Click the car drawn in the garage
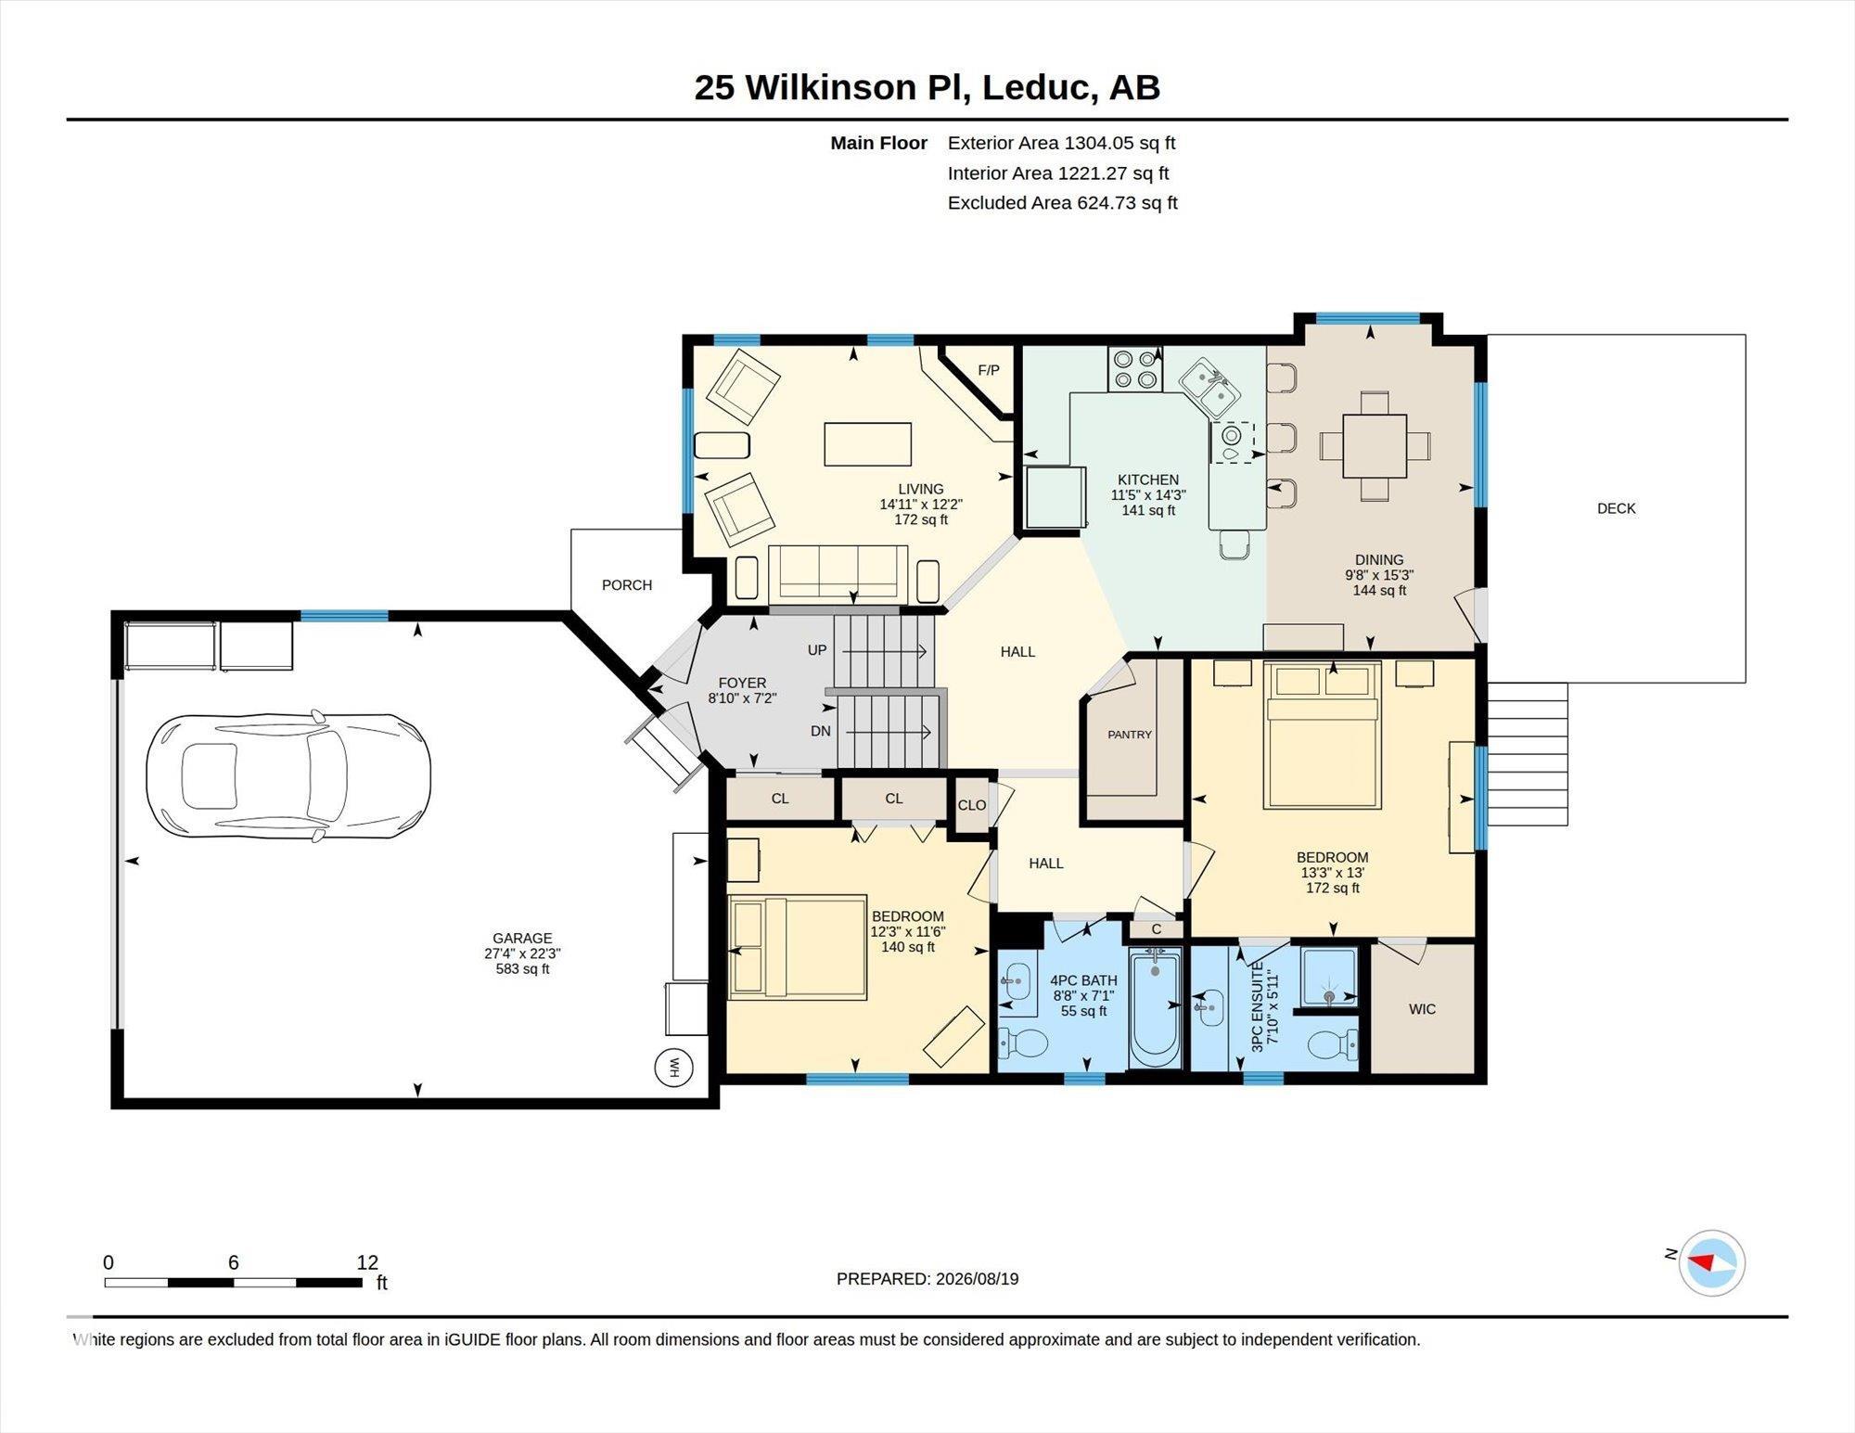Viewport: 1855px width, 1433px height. [x=288, y=777]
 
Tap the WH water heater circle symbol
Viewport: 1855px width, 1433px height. [x=673, y=1068]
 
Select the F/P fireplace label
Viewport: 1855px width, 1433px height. [x=989, y=370]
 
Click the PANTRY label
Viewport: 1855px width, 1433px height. [x=1130, y=735]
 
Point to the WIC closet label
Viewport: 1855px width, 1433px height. [x=1422, y=1009]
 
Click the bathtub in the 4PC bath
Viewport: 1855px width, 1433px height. [x=1155, y=1008]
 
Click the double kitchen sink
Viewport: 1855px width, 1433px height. [x=1210, y=389]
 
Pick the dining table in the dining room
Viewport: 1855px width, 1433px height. [x=1375, y=445]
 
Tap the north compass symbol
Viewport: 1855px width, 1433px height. [x=1711, y=1262]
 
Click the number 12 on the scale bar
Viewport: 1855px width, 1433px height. [x=367, y=1262]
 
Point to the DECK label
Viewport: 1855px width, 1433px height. [x=1617, y=508]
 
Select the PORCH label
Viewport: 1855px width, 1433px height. [x=627, y=585]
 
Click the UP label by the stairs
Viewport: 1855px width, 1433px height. [x=817, y=650]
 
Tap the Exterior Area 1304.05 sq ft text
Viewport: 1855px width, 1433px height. [x=1061, y=143]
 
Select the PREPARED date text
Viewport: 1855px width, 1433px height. [x=927, y=1279]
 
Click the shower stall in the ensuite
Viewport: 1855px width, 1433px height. [x=1328, y=977]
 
